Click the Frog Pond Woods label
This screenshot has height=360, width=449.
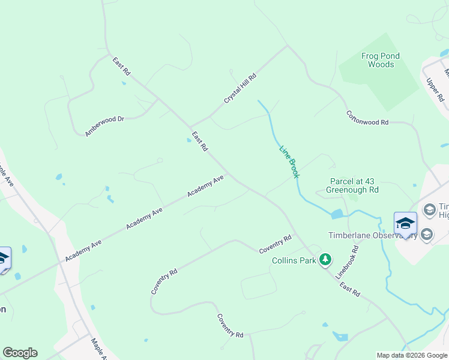tap(381, 60)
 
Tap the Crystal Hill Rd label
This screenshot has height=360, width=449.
tap(240, 89)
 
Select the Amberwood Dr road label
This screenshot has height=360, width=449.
tap(104, 127)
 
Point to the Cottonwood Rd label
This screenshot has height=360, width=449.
tap(367, 118)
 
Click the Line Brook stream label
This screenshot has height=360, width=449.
tap(289, 161)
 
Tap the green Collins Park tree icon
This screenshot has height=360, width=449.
tap(325, 259)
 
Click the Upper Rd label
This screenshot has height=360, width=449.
tap(435, 89)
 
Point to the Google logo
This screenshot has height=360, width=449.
tap(20, 353)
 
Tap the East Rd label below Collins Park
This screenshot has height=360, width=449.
tap(349, 290)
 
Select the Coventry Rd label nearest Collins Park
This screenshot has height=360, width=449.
tap(275, 244)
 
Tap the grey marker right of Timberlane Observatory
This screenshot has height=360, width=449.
tap(427, 234)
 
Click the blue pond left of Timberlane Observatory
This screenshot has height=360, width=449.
tap(337, 214)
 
